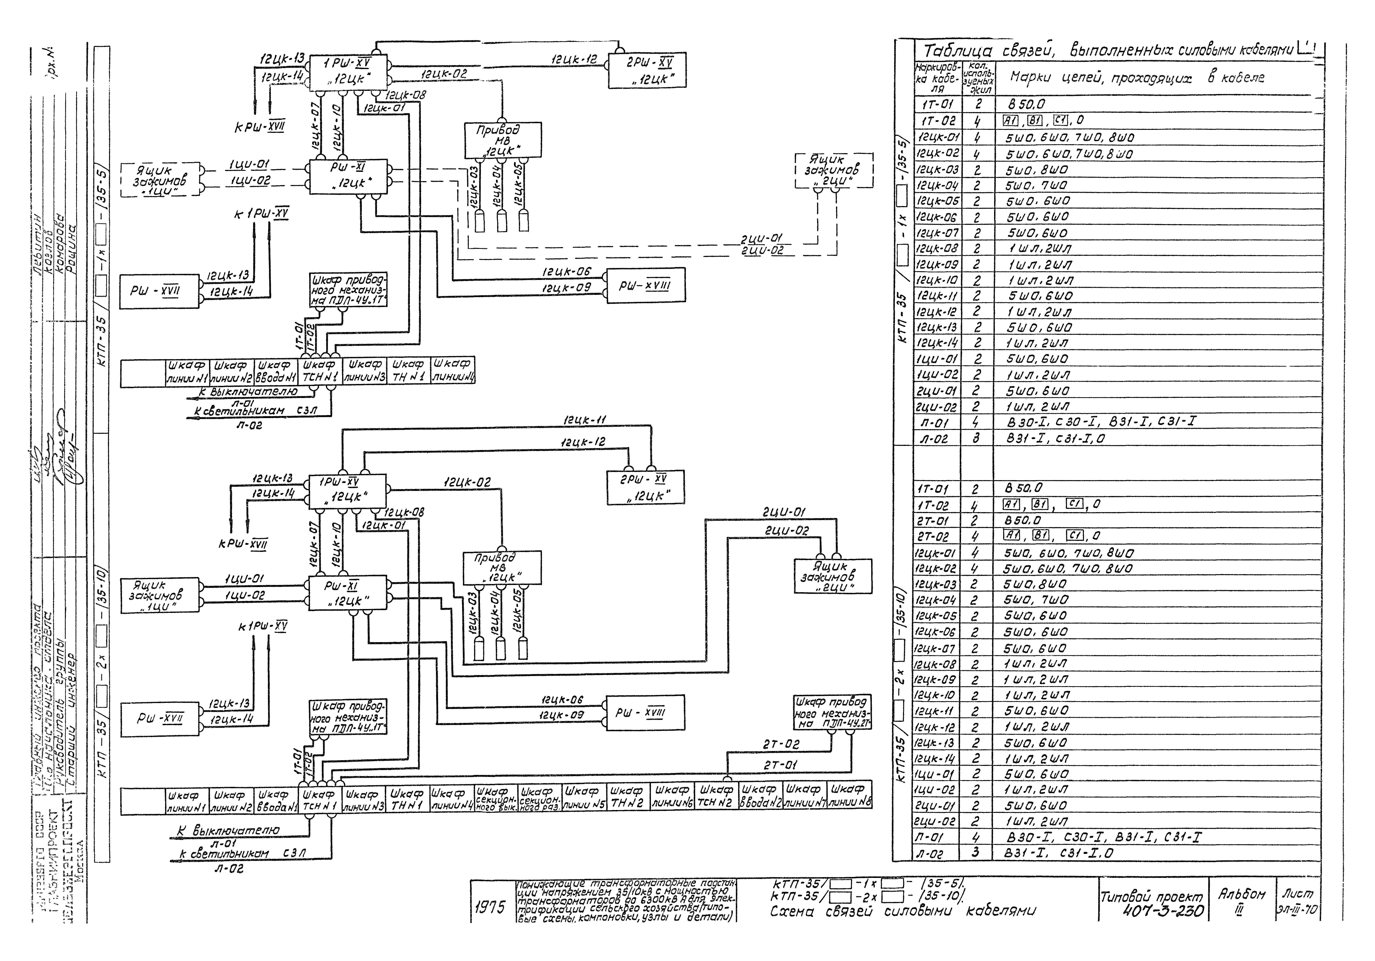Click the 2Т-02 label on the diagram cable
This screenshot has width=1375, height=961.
pos(780,744)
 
